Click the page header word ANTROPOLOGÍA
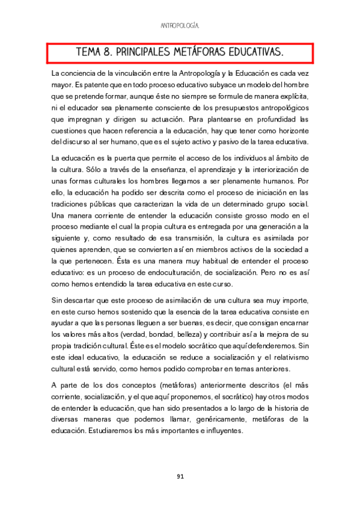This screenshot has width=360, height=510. click(180, 26)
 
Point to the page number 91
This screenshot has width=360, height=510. click(180, 476)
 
